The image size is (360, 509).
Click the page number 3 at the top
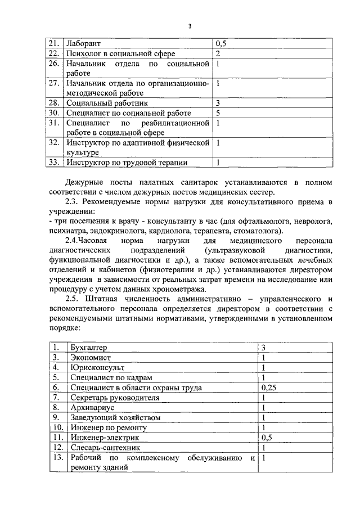(x=190, y=26)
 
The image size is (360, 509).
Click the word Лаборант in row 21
(x=83, y=43)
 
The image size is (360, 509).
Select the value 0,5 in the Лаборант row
(x=222, y=43)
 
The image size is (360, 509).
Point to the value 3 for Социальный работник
(x=218, y=103)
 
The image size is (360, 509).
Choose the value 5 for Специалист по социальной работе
(x=218, y=113)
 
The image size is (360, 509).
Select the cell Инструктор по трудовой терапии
(x=126, y=163)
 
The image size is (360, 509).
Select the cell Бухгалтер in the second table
(x=88, y=348)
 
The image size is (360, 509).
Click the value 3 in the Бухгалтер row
(x=263, y=348)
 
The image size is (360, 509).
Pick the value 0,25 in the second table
(x=269, y=388)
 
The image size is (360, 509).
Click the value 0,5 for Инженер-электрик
(x=267, y=438)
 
